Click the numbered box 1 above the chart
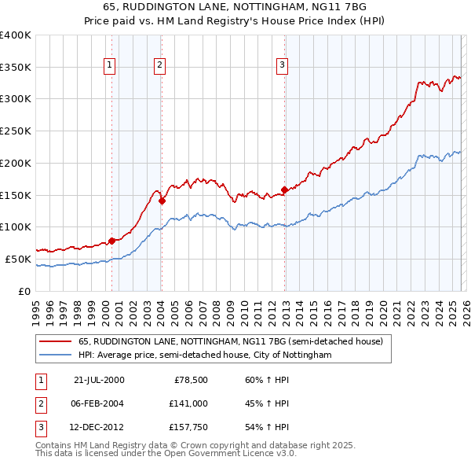[x=109, y=66]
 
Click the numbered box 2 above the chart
[x=159, y=66]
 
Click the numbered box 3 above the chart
[x=282, y=66]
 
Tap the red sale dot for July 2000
[x=112, y=241]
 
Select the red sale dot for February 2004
[x=162, y=201]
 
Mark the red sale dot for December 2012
[x=284, y=190]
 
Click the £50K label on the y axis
[x=18, y=259]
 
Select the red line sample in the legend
[x=57, y=342]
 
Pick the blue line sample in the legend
[x=57, y=355]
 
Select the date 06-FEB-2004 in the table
[x=97, y=403]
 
